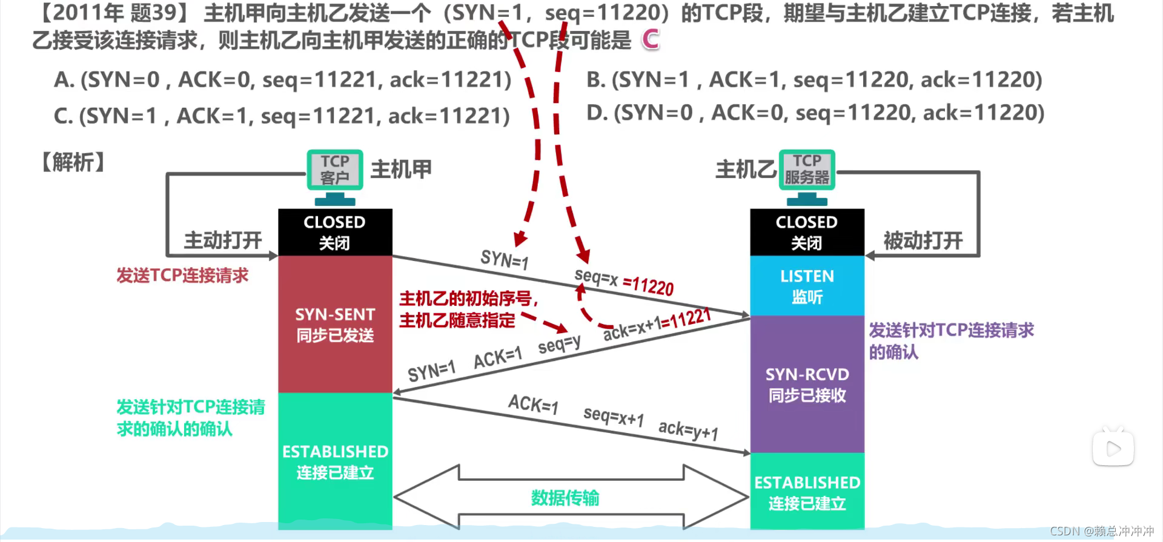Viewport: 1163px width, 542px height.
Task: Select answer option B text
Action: pos(814,80)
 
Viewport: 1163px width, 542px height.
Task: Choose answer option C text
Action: pos(282,116)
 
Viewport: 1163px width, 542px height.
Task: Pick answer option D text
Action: pos(815,113)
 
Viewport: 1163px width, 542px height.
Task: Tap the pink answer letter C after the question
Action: pos(651,40)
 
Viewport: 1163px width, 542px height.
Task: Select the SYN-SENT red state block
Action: pos(335,325)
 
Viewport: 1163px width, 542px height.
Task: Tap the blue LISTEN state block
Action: pos(807,286)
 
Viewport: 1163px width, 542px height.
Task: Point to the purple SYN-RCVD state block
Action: pos(807,385)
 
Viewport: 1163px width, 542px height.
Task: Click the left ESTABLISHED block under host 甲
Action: pos(335,461)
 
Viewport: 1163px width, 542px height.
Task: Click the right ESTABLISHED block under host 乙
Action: pos(807,492)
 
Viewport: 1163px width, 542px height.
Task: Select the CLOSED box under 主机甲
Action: pos(335,232)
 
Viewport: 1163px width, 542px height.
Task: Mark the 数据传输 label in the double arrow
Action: pos(565,498)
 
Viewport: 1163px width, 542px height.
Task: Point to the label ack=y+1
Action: pos(688,431)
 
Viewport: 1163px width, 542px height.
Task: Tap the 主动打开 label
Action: pos(223,240)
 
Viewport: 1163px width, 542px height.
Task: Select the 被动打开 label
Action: pos(923,240)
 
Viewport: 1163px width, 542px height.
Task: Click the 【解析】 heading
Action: pos(73,162)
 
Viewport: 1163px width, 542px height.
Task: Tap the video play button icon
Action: pos(1113,449)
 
